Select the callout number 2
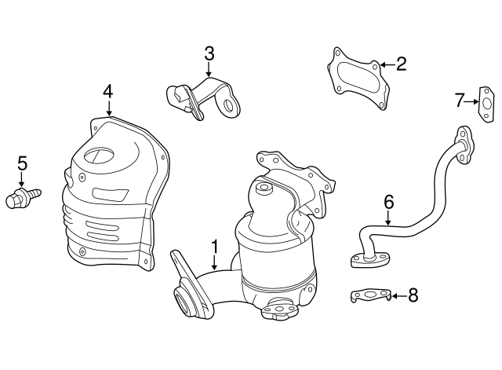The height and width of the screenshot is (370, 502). (401, 64)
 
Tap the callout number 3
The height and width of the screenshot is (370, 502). (209, 53)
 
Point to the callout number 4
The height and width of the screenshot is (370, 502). (108, 91)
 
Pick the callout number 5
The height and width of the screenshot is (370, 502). (22, 163)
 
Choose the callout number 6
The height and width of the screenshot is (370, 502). (388, 201)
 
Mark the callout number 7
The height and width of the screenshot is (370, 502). (460, 101)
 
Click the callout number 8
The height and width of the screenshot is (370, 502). (413, 295)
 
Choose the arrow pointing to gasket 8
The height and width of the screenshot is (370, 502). (396, 295)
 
